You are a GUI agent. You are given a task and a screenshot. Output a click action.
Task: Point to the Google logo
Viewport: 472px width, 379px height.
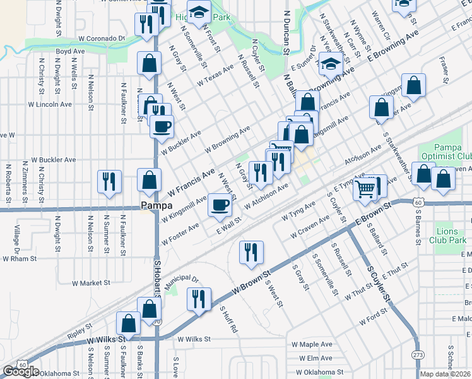[x=21, y=371]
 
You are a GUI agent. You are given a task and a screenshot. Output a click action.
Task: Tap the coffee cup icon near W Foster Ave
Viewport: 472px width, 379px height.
[x=220, y=204]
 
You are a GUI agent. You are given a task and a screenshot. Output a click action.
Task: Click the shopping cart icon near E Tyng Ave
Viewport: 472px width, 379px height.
[x=365, y=187]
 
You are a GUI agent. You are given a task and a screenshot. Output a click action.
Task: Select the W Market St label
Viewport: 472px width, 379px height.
[x=91, y=283]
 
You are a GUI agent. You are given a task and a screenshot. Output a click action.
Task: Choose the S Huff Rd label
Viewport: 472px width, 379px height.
[x=228, y=320]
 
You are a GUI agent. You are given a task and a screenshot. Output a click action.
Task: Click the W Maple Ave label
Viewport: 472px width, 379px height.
[x=312, y=344]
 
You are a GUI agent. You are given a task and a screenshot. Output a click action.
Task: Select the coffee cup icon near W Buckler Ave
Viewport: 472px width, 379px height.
[x=161, y=125]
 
